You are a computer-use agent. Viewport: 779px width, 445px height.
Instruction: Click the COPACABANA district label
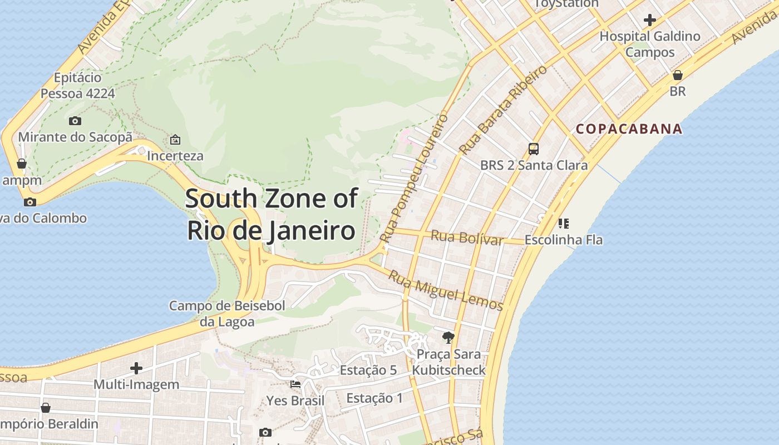629,129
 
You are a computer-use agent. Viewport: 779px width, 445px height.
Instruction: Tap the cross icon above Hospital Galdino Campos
649,21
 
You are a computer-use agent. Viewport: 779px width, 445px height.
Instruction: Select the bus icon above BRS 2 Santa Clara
533,149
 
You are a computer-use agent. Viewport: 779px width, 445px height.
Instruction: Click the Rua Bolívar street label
466,238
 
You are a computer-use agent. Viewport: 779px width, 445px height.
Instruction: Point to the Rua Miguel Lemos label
445,290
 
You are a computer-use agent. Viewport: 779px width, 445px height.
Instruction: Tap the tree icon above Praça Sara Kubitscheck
448,337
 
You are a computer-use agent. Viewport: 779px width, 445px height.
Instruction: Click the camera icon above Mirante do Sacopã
75,121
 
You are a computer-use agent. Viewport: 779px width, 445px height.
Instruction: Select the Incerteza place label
175,156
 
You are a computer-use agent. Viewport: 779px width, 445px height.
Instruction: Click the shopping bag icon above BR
677,75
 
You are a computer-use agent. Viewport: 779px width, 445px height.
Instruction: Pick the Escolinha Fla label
563,240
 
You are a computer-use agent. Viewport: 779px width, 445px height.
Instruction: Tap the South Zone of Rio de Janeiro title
271,214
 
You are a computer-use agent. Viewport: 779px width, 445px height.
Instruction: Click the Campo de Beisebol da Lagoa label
227,313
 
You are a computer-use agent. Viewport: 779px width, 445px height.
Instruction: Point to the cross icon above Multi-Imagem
136,368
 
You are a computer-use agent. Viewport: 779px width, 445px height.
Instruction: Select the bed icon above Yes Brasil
295,384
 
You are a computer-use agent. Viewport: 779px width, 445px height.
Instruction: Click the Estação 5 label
368,370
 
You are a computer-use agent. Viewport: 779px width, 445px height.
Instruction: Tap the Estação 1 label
374,398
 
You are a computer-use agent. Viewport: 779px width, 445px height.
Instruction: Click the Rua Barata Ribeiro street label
503,110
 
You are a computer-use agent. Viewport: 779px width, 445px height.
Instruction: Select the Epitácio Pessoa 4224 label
77,85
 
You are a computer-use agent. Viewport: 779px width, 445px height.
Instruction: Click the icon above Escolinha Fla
563,224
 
